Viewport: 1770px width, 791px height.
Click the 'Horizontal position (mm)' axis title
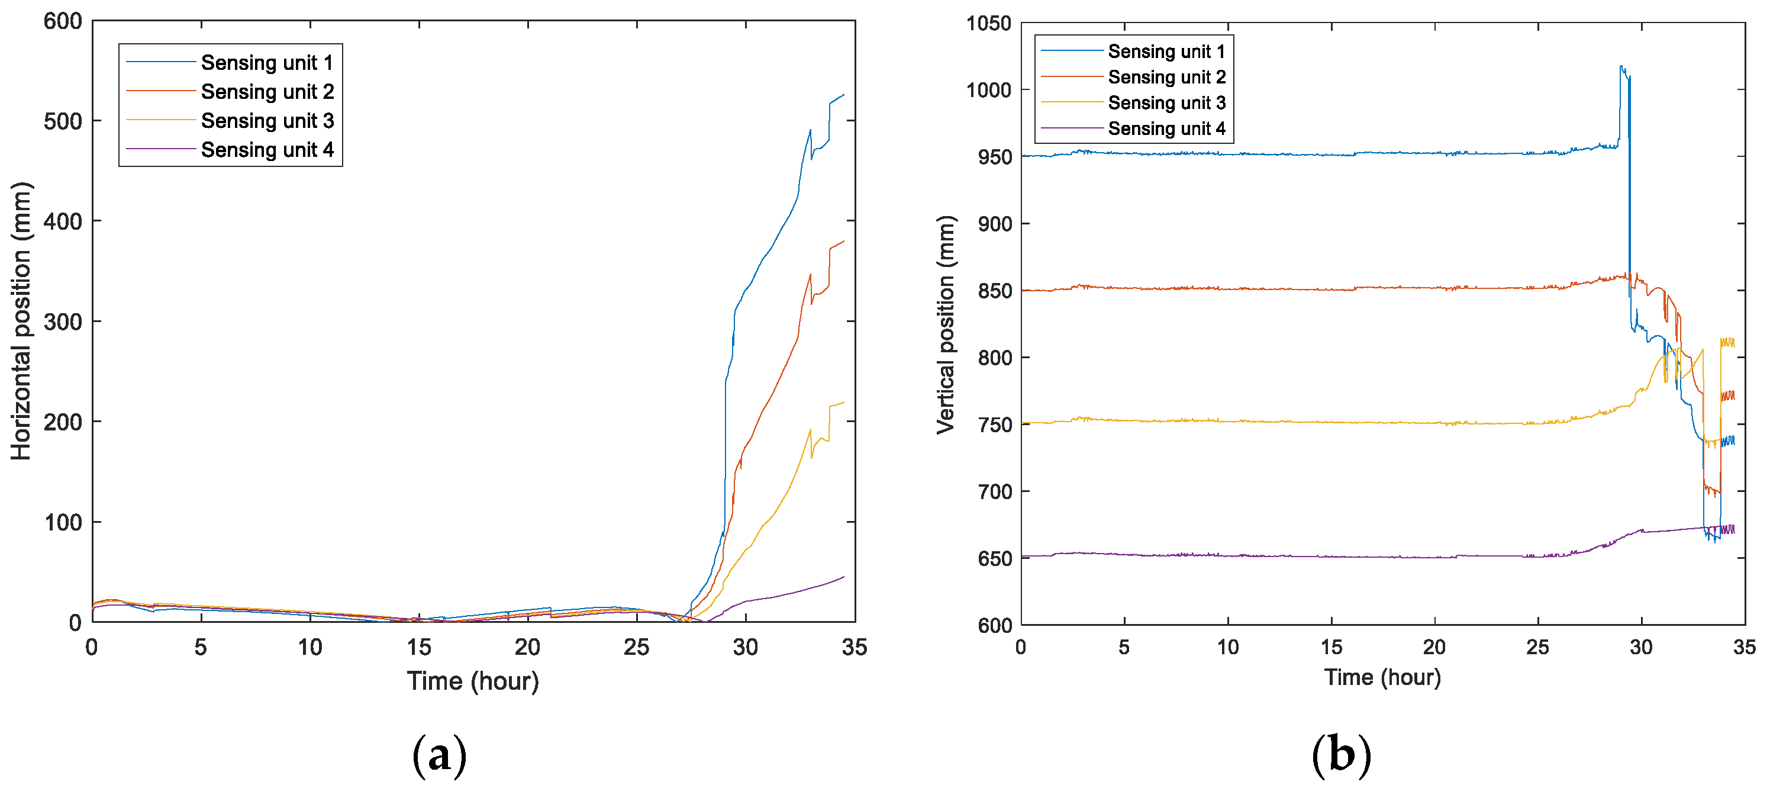click(x=21, y=321)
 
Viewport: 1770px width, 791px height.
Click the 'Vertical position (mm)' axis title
click(x=946, y=324)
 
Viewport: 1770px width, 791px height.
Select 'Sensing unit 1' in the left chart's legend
click(x=267, y=63)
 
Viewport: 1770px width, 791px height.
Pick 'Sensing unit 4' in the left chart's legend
click(x=267, y=150)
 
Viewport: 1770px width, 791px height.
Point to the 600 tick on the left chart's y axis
click(x=63, y=21)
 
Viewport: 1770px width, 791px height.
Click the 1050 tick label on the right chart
click(x=988, y=23)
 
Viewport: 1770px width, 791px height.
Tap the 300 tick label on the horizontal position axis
click(x=63, y=321)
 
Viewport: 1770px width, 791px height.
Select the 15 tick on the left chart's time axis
click(x=418, y=647)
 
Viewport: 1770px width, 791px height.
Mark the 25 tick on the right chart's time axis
click(x=1538, y=647)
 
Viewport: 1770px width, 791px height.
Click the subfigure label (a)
click(x=439, y=755)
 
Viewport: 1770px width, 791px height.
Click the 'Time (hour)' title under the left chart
click(x=473, y=681)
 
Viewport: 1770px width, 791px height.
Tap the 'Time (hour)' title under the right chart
click(x=1382, y=677)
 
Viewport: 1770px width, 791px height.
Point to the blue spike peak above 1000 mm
click(x=1621, y=67)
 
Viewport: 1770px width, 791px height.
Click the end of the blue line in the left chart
click(x=844, y=94)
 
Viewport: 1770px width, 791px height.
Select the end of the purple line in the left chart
click(x=844, y=577)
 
